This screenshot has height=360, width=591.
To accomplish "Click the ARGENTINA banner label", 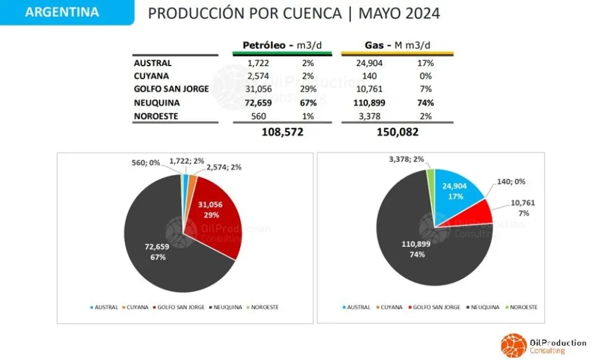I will point(62,12).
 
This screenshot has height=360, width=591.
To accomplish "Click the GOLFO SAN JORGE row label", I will point(171,89).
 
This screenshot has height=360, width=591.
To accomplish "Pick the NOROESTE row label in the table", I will point(157,116).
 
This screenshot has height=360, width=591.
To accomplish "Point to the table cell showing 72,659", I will point(256,103).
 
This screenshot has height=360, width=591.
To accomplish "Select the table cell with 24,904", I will point(374,63).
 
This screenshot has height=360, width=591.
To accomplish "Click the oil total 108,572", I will point(282,132).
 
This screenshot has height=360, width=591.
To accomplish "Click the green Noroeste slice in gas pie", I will point(430,174).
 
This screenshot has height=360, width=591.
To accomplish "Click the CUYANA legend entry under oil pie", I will point(136,307).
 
